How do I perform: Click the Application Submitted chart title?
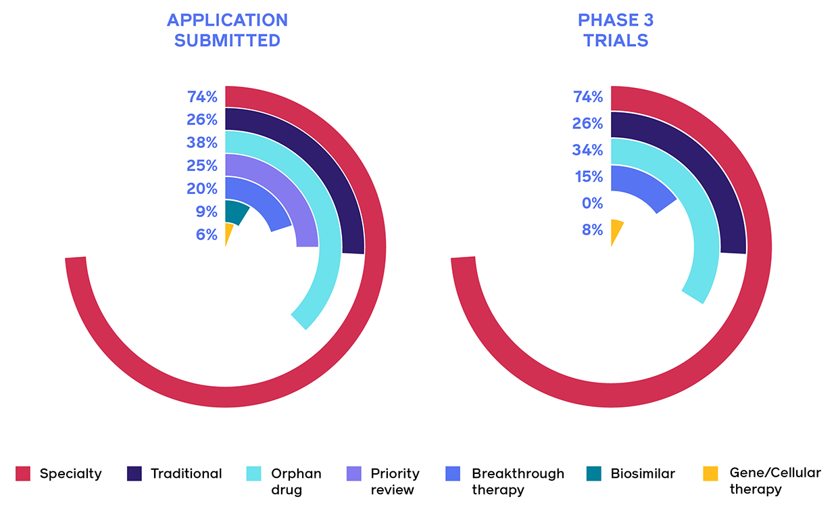227,30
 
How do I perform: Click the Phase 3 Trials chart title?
616,30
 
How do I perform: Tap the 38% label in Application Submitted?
202,143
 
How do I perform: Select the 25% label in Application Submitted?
202,166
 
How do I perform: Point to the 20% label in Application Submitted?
202,189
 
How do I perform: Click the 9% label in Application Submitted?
205,212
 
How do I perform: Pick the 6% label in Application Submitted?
205,235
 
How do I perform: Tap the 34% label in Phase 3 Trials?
587,150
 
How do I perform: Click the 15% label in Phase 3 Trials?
588,176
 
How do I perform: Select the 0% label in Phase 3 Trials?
591,203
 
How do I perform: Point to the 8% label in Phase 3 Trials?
591,230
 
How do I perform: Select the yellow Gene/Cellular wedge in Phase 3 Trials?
616,230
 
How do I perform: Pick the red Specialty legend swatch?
23,473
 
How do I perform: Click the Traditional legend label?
186,473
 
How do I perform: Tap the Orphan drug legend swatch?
253,473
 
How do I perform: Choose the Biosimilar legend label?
642,473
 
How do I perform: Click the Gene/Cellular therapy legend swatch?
710,473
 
